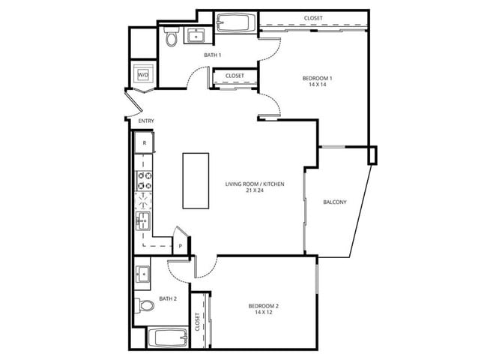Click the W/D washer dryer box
click(142, 74)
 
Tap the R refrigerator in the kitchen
click(143, 142)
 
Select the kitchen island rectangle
click(196, 181)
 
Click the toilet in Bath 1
click(170, 38)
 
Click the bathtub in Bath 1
click(236, 22)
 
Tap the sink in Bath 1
click(199, 35)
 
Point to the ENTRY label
click(145, 121)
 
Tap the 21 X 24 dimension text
click(255, 191)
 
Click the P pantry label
click(181, 246)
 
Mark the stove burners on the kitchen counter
click(143, 180)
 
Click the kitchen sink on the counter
click(143, 220)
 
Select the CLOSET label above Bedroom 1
click(313, 19)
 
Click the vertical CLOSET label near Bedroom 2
click(199, 322)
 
